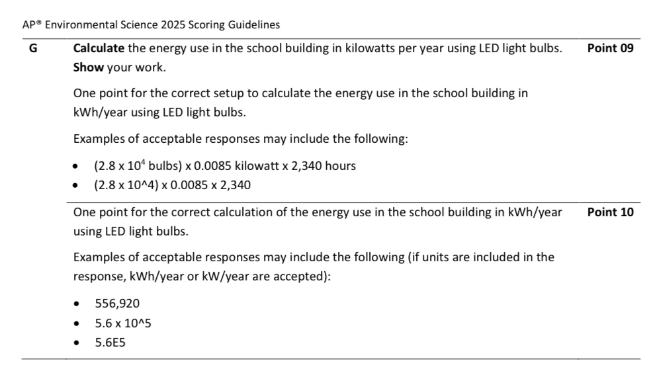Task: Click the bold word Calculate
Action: (98, 48)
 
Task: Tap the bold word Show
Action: (87, 68)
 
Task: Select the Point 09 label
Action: (610, 48)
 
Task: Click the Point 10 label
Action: (610, 212)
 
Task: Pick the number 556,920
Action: (117, 304)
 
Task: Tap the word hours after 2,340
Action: (340, 166)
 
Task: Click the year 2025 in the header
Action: (173, 25)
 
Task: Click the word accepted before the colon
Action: (305, 276)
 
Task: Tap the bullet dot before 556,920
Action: (79, 304)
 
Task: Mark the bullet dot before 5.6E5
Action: (79, 344)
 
